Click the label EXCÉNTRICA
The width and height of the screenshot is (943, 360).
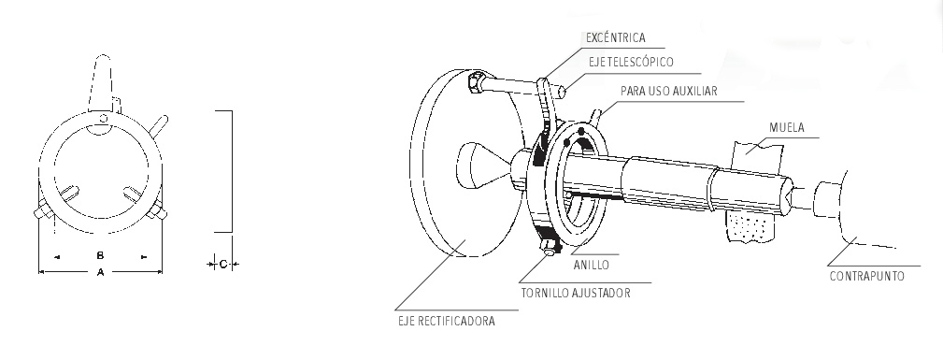coord(615,38)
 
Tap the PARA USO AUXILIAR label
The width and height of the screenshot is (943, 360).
coord(669,91)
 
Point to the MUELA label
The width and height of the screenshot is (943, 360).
coord(787,127)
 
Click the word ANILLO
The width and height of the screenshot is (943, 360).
coord(592,265)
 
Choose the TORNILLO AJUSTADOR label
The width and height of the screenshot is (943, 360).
coord(576,294)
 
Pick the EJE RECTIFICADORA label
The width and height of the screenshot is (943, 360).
coord(446,321)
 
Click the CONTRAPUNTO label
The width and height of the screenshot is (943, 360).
coord(866,277)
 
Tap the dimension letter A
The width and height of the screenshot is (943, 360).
coord(100,272)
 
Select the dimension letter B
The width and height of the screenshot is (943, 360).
coord(100,255)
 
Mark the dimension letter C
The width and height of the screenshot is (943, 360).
coord(222,264)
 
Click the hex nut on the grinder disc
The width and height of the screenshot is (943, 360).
coord(475,82)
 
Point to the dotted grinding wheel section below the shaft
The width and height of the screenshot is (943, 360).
coord(750,225)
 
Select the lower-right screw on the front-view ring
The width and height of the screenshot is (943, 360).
coord(156,210)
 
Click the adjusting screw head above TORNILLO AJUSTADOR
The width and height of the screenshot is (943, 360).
coord(549,249)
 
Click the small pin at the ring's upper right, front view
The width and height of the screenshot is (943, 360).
coord(159,124)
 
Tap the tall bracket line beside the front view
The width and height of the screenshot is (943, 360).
coord(232,171)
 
